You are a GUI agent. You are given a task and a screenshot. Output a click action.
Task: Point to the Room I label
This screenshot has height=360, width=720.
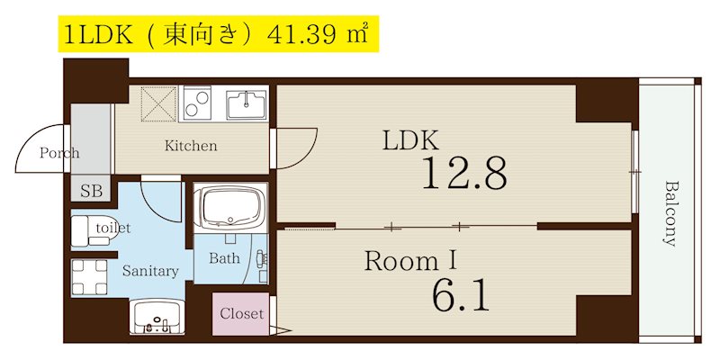(410, 261)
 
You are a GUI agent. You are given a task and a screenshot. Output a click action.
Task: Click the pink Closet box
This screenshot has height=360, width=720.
(242, 314)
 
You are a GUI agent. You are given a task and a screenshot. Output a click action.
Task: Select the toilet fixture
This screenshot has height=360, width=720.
(87, 229)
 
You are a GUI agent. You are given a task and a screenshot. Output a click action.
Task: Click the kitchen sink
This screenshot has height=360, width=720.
(245, 104)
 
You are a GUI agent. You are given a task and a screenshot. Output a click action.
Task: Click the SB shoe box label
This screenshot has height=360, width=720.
(91, 191)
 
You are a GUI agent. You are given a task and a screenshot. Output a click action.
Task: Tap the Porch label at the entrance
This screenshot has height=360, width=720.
(59, 153)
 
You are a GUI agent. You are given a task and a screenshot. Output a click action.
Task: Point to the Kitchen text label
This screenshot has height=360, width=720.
(190, 145)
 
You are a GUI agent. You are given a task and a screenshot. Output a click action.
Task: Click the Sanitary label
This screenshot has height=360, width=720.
(150, 270)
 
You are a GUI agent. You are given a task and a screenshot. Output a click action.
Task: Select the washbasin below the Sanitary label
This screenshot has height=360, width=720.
(158, 316)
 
